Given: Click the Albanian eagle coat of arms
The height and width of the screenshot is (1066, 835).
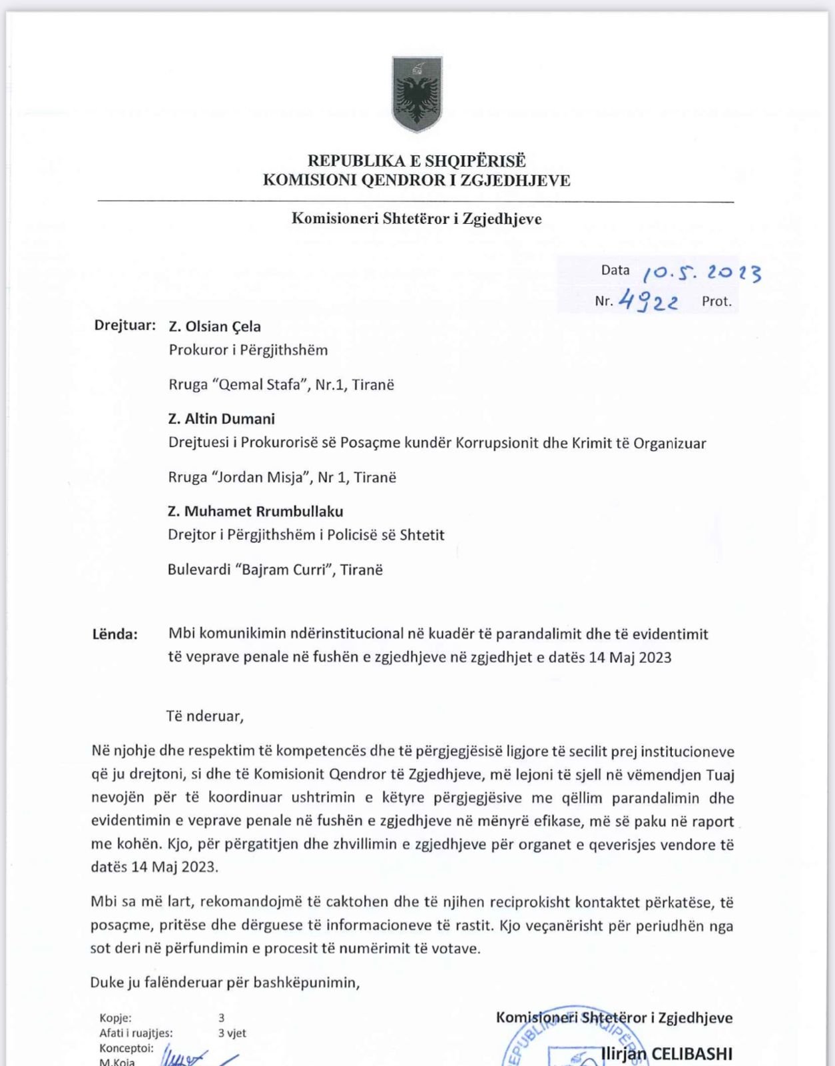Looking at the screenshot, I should point(417,95).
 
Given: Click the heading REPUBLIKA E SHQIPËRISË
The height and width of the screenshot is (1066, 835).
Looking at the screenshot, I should point(416,161).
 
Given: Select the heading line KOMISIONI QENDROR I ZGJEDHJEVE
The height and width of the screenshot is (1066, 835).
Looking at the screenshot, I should point(416,181).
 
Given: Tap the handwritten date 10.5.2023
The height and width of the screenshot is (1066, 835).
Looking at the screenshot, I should point(701,272).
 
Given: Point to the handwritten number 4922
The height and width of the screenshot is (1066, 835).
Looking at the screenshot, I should point(648,301).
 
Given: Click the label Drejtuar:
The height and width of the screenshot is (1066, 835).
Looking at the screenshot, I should point(125,326).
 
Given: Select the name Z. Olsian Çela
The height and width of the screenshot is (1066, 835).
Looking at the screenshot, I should point(214,326).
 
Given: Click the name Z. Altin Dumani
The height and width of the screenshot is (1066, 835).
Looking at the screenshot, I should point(221,419).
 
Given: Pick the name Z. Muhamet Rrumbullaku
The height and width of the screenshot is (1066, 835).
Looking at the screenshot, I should point(256,512).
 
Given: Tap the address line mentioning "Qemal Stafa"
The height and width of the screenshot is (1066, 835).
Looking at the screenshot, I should point(281,385).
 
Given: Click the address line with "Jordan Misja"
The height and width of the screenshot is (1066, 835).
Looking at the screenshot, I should point(282,478).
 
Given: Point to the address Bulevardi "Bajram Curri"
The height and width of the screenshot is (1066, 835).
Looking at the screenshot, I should point(275,570).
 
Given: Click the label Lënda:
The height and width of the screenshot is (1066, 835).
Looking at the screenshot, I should point(115,634).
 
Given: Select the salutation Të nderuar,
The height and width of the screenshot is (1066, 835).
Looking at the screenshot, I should point(204,716).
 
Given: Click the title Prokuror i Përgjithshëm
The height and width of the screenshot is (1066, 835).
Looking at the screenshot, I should point(248,350).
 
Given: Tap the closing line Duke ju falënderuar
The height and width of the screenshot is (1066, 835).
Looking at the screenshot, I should point(224,983).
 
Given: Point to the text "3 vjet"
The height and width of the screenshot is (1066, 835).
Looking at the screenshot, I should point(232,1033).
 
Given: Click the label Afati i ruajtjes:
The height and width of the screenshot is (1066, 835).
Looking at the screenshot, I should point(136,1033).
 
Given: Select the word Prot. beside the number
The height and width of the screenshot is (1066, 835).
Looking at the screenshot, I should point(716,301).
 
